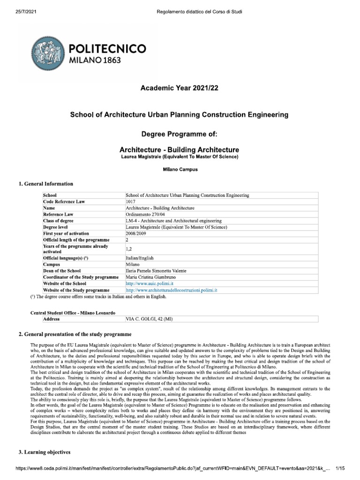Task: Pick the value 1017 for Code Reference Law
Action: click(x=131, y=201)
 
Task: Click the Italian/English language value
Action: click(x=140, y=258)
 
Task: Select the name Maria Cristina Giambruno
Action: click(x=153, y=277)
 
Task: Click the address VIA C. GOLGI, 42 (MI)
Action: click(x=151, y=319)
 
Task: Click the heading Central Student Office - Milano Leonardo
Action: click(x=73, y=313)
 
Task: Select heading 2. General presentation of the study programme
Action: click(x=75, y=334)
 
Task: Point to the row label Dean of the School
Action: click(x=62, y=271)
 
